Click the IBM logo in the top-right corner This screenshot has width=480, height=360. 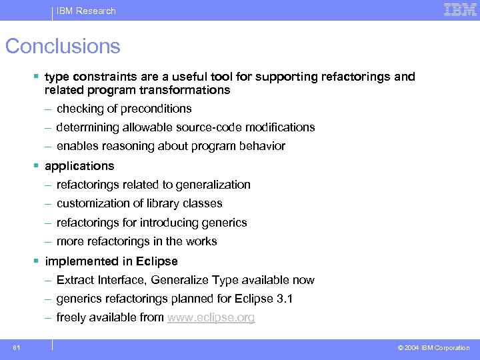tap(460, 9)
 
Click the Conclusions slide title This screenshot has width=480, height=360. tap(63, 46)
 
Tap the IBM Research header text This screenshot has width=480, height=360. tap(86, 11)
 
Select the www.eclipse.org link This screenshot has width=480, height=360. tap(211, 317)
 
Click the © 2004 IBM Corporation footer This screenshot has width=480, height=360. tap(433, 347)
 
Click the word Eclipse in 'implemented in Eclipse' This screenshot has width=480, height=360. tap(159, 261)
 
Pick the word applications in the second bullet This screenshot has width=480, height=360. tap(79, 166)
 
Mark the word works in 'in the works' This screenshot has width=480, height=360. tap(201, 241)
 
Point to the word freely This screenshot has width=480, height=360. tap(72, 317)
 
